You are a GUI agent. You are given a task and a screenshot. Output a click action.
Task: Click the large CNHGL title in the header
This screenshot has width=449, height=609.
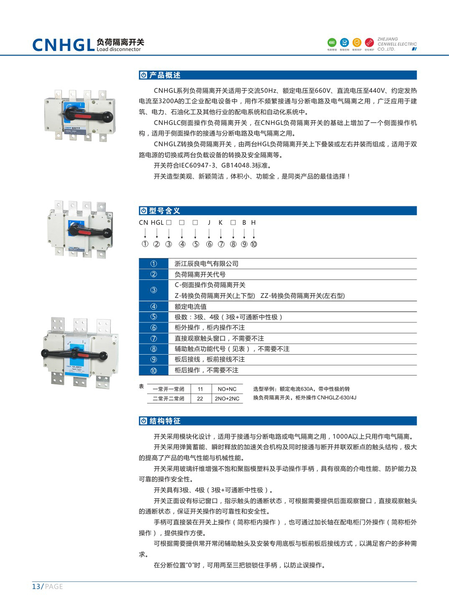click(x=63, y=45)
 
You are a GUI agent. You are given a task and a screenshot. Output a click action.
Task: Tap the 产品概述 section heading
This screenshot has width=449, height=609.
click(x=165, y=75)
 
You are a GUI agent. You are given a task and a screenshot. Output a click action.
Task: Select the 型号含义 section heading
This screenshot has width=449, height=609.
click(x=164, y=211)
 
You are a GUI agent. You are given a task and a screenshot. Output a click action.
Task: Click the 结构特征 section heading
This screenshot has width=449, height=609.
click(x=165, y=421)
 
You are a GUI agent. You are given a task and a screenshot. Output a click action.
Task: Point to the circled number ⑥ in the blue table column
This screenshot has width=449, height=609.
click(x=153, y=328)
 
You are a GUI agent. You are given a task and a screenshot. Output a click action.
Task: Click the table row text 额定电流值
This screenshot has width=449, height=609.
click(x=190, y=306)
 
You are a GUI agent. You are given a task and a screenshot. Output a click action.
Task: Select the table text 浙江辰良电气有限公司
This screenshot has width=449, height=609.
click(x=206, y=264)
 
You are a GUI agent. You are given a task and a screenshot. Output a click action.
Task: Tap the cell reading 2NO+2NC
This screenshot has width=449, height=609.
click(x=227, y=399)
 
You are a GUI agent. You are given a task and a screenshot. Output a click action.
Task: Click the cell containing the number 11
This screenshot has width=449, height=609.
click(x=200, y=389)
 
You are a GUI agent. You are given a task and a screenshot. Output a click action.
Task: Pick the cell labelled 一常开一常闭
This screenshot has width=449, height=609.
click(x=168, y=389)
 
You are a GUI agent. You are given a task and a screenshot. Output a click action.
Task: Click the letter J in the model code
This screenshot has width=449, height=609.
click(x=209, y=223)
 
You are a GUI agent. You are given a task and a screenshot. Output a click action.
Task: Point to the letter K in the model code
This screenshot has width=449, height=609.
click(x=221, y=223)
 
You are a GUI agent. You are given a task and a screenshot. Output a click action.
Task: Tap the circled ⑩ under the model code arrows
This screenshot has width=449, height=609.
click(x=254, y=244)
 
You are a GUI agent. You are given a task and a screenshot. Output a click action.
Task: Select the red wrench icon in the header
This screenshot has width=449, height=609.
click(x=369, y=42)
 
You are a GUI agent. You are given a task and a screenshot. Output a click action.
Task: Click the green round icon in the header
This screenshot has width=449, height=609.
click(x=332, y=42)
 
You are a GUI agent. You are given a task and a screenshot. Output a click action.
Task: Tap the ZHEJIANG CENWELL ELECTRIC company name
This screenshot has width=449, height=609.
click(x=397, y=44)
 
